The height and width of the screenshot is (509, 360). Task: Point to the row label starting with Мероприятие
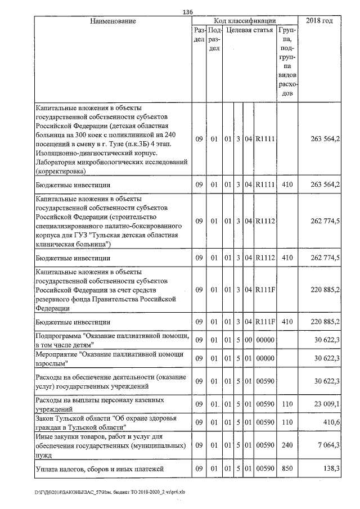[109, 359]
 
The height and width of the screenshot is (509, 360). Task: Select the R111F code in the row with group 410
[264, 322]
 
